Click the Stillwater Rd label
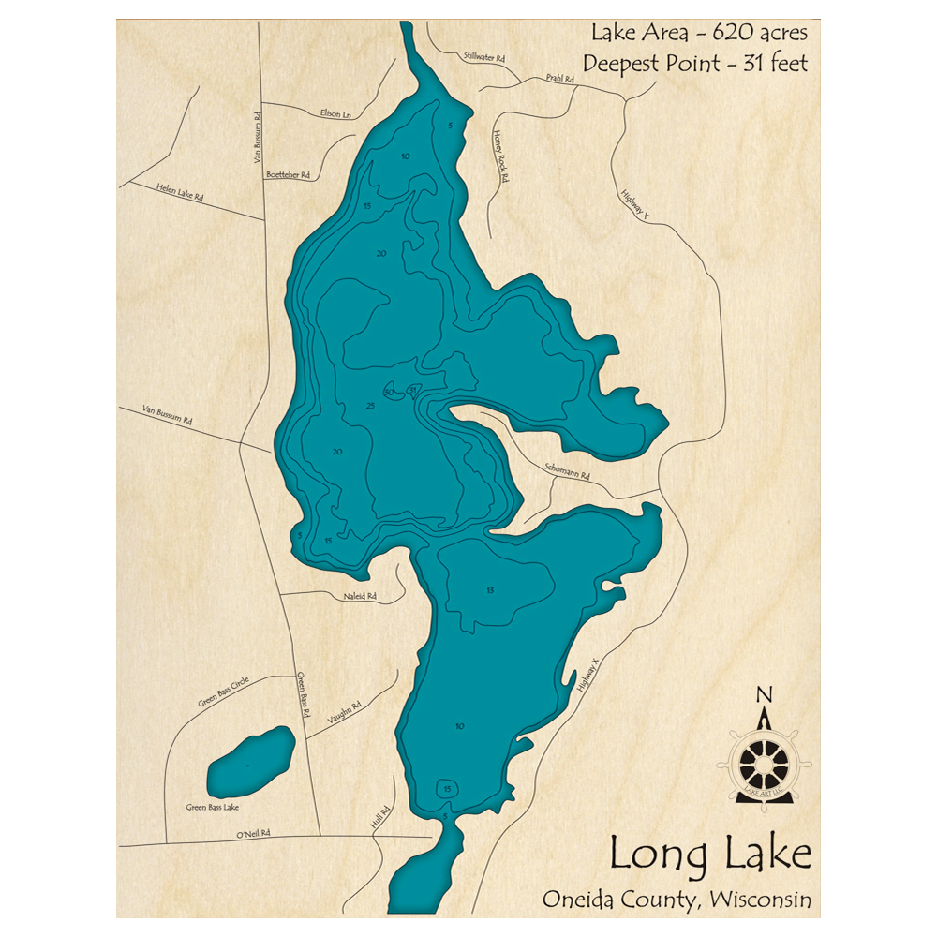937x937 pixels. tap(484, 57)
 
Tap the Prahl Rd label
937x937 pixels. tap(559, 80)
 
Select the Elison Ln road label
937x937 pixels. tap(335, 113)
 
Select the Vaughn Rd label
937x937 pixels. tap(344, 715)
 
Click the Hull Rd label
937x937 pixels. tap(379, 820)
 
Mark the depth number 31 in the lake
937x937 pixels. tap(412, 390)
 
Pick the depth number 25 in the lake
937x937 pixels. tap(370, 405)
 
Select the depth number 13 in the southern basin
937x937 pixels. tap(489, 589)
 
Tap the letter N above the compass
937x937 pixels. tap(764, 694)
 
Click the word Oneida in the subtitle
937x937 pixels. tap(579, 899)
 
